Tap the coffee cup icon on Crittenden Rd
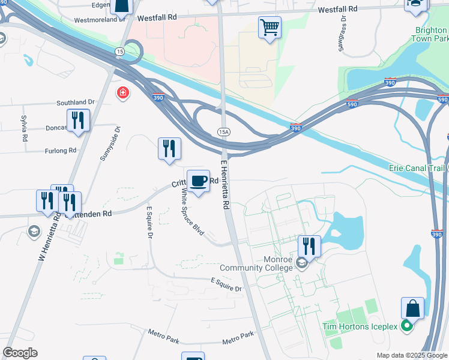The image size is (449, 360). tap(199, 181)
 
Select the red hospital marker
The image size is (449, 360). tap(123, 93)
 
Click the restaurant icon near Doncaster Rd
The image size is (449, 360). tap(78, 121)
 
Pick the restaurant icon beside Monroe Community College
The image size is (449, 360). tap(309, 246)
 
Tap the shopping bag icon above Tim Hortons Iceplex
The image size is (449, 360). tap(412, 308)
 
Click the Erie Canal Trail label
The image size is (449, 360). tap(416, 168)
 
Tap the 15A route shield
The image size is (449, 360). tap(224, 131)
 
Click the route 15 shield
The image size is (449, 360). tap(120, 52)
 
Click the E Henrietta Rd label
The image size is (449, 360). tap(226, 185)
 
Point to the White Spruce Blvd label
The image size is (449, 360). tap(192, 212)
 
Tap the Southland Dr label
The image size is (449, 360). tap(76, 103)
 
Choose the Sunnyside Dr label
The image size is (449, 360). tap(109, 146)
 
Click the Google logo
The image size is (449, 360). tap(20, 353)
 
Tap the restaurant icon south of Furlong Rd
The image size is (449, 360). tap(169, 149)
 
